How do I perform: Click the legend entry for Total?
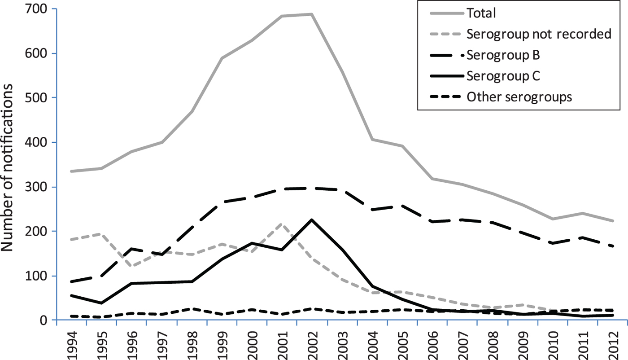click(481, 13)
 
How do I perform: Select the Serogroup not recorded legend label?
click(539, 34)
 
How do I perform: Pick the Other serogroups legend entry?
click(519, 97)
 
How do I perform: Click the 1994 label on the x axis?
click(71, 342)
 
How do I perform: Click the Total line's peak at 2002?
click(311, 14)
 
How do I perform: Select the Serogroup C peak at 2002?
click(311, 220)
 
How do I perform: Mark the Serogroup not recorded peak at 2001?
click(281, 224)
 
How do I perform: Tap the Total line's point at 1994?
click(71, 171)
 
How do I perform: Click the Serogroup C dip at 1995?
click(101, 303)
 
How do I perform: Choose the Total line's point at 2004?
click(371, 140)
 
